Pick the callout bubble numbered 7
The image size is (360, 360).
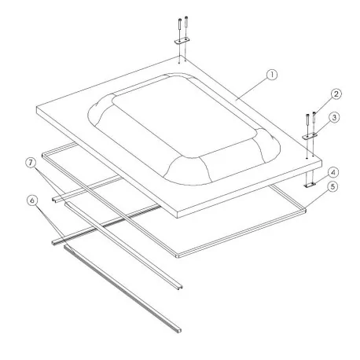(31, 163)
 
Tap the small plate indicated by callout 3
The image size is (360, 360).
(310, 134)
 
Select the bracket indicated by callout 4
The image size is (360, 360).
(310, 183)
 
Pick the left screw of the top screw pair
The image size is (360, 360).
(180, 24)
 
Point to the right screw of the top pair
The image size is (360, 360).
(186, 24)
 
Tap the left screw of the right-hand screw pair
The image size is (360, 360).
(307, 122)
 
